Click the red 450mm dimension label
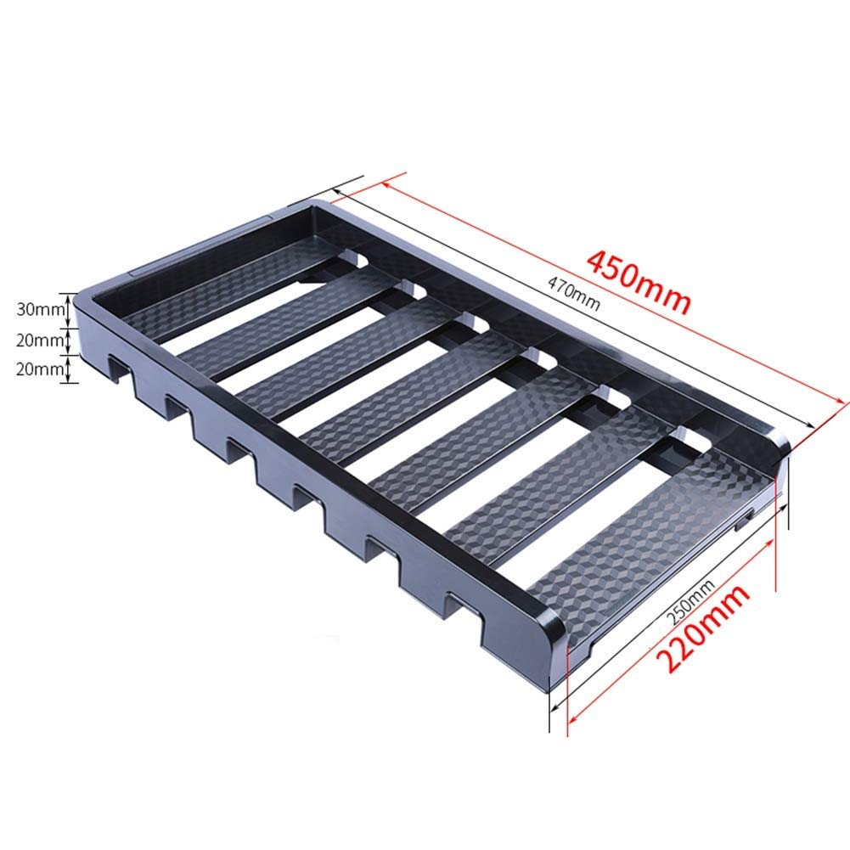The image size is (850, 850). [639, 282]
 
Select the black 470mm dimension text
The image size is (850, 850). [573, 294]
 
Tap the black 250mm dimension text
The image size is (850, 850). [690, 601]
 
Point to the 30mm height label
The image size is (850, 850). [41, 310]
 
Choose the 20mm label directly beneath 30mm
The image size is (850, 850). [41, 341]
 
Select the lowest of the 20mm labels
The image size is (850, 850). [41, 369]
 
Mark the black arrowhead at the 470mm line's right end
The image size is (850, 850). [810, 425]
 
